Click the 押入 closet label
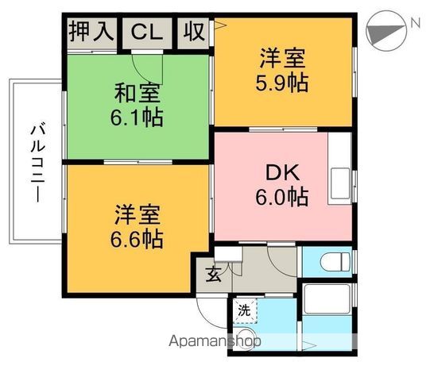pyautogui.click(x=90, y=33)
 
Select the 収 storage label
pyautogui.click(x=194, y=33)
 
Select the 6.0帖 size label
pyautogui.click(x=281, y=194)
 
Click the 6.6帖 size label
pyautogui.click(x=138, y=238)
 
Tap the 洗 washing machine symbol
pyautogui.click(x=244, y=310)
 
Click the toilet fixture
pyautogui.click(x=331, y=260)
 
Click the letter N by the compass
pyautogui.click(x=415, y=23)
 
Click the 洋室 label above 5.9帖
pyautogui.click(x=282, y=58)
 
